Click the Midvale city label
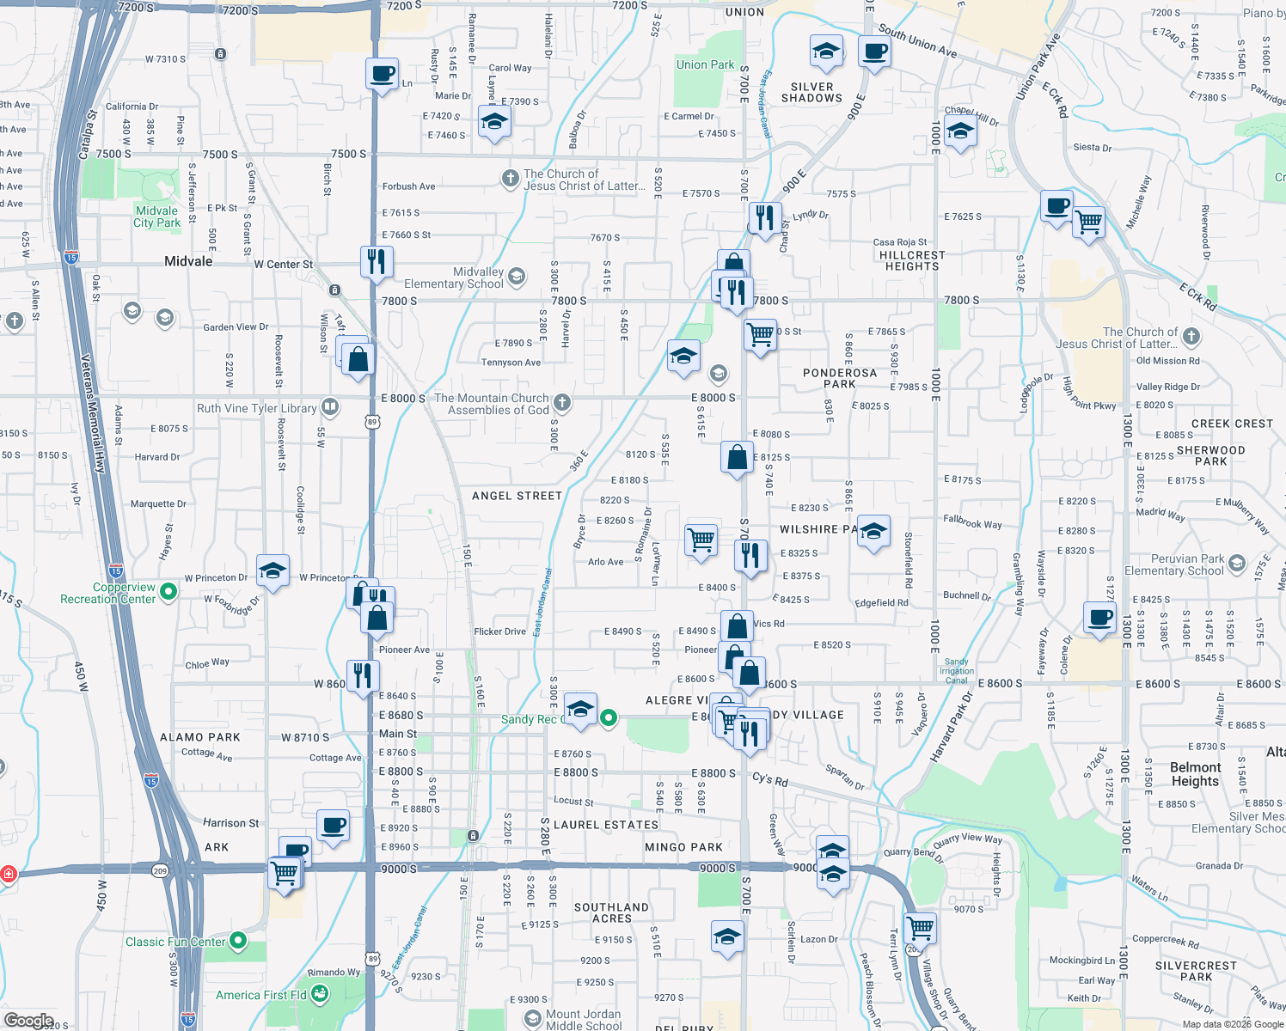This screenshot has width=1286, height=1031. point(188,261)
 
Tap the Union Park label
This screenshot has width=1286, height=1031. point(705,64)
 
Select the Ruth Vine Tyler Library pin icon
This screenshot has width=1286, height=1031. point(330,407)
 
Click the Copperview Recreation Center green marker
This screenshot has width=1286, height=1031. point(168,591)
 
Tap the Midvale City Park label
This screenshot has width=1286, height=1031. point(156,217)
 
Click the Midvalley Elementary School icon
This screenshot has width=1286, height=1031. point(517,276)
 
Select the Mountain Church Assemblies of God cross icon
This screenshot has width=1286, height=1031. point(561,402)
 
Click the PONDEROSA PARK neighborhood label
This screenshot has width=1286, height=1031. point(839,378)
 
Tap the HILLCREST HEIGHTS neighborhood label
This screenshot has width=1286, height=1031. point(912,260)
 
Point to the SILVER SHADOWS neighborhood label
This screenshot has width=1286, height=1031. point(811,92)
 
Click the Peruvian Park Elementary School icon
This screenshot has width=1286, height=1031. point(1237,564)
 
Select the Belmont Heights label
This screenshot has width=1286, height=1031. point(1195,774)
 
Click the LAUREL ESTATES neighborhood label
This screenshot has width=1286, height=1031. point(606,825)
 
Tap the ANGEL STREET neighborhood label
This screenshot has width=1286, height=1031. point(517,496)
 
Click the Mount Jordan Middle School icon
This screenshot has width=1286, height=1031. point(533,1019)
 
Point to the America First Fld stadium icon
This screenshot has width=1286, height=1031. point(320,994)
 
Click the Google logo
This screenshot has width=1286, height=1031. point(28,1021)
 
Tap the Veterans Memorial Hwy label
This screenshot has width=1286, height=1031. point(93,413)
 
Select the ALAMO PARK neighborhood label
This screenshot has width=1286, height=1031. point(200,737)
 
